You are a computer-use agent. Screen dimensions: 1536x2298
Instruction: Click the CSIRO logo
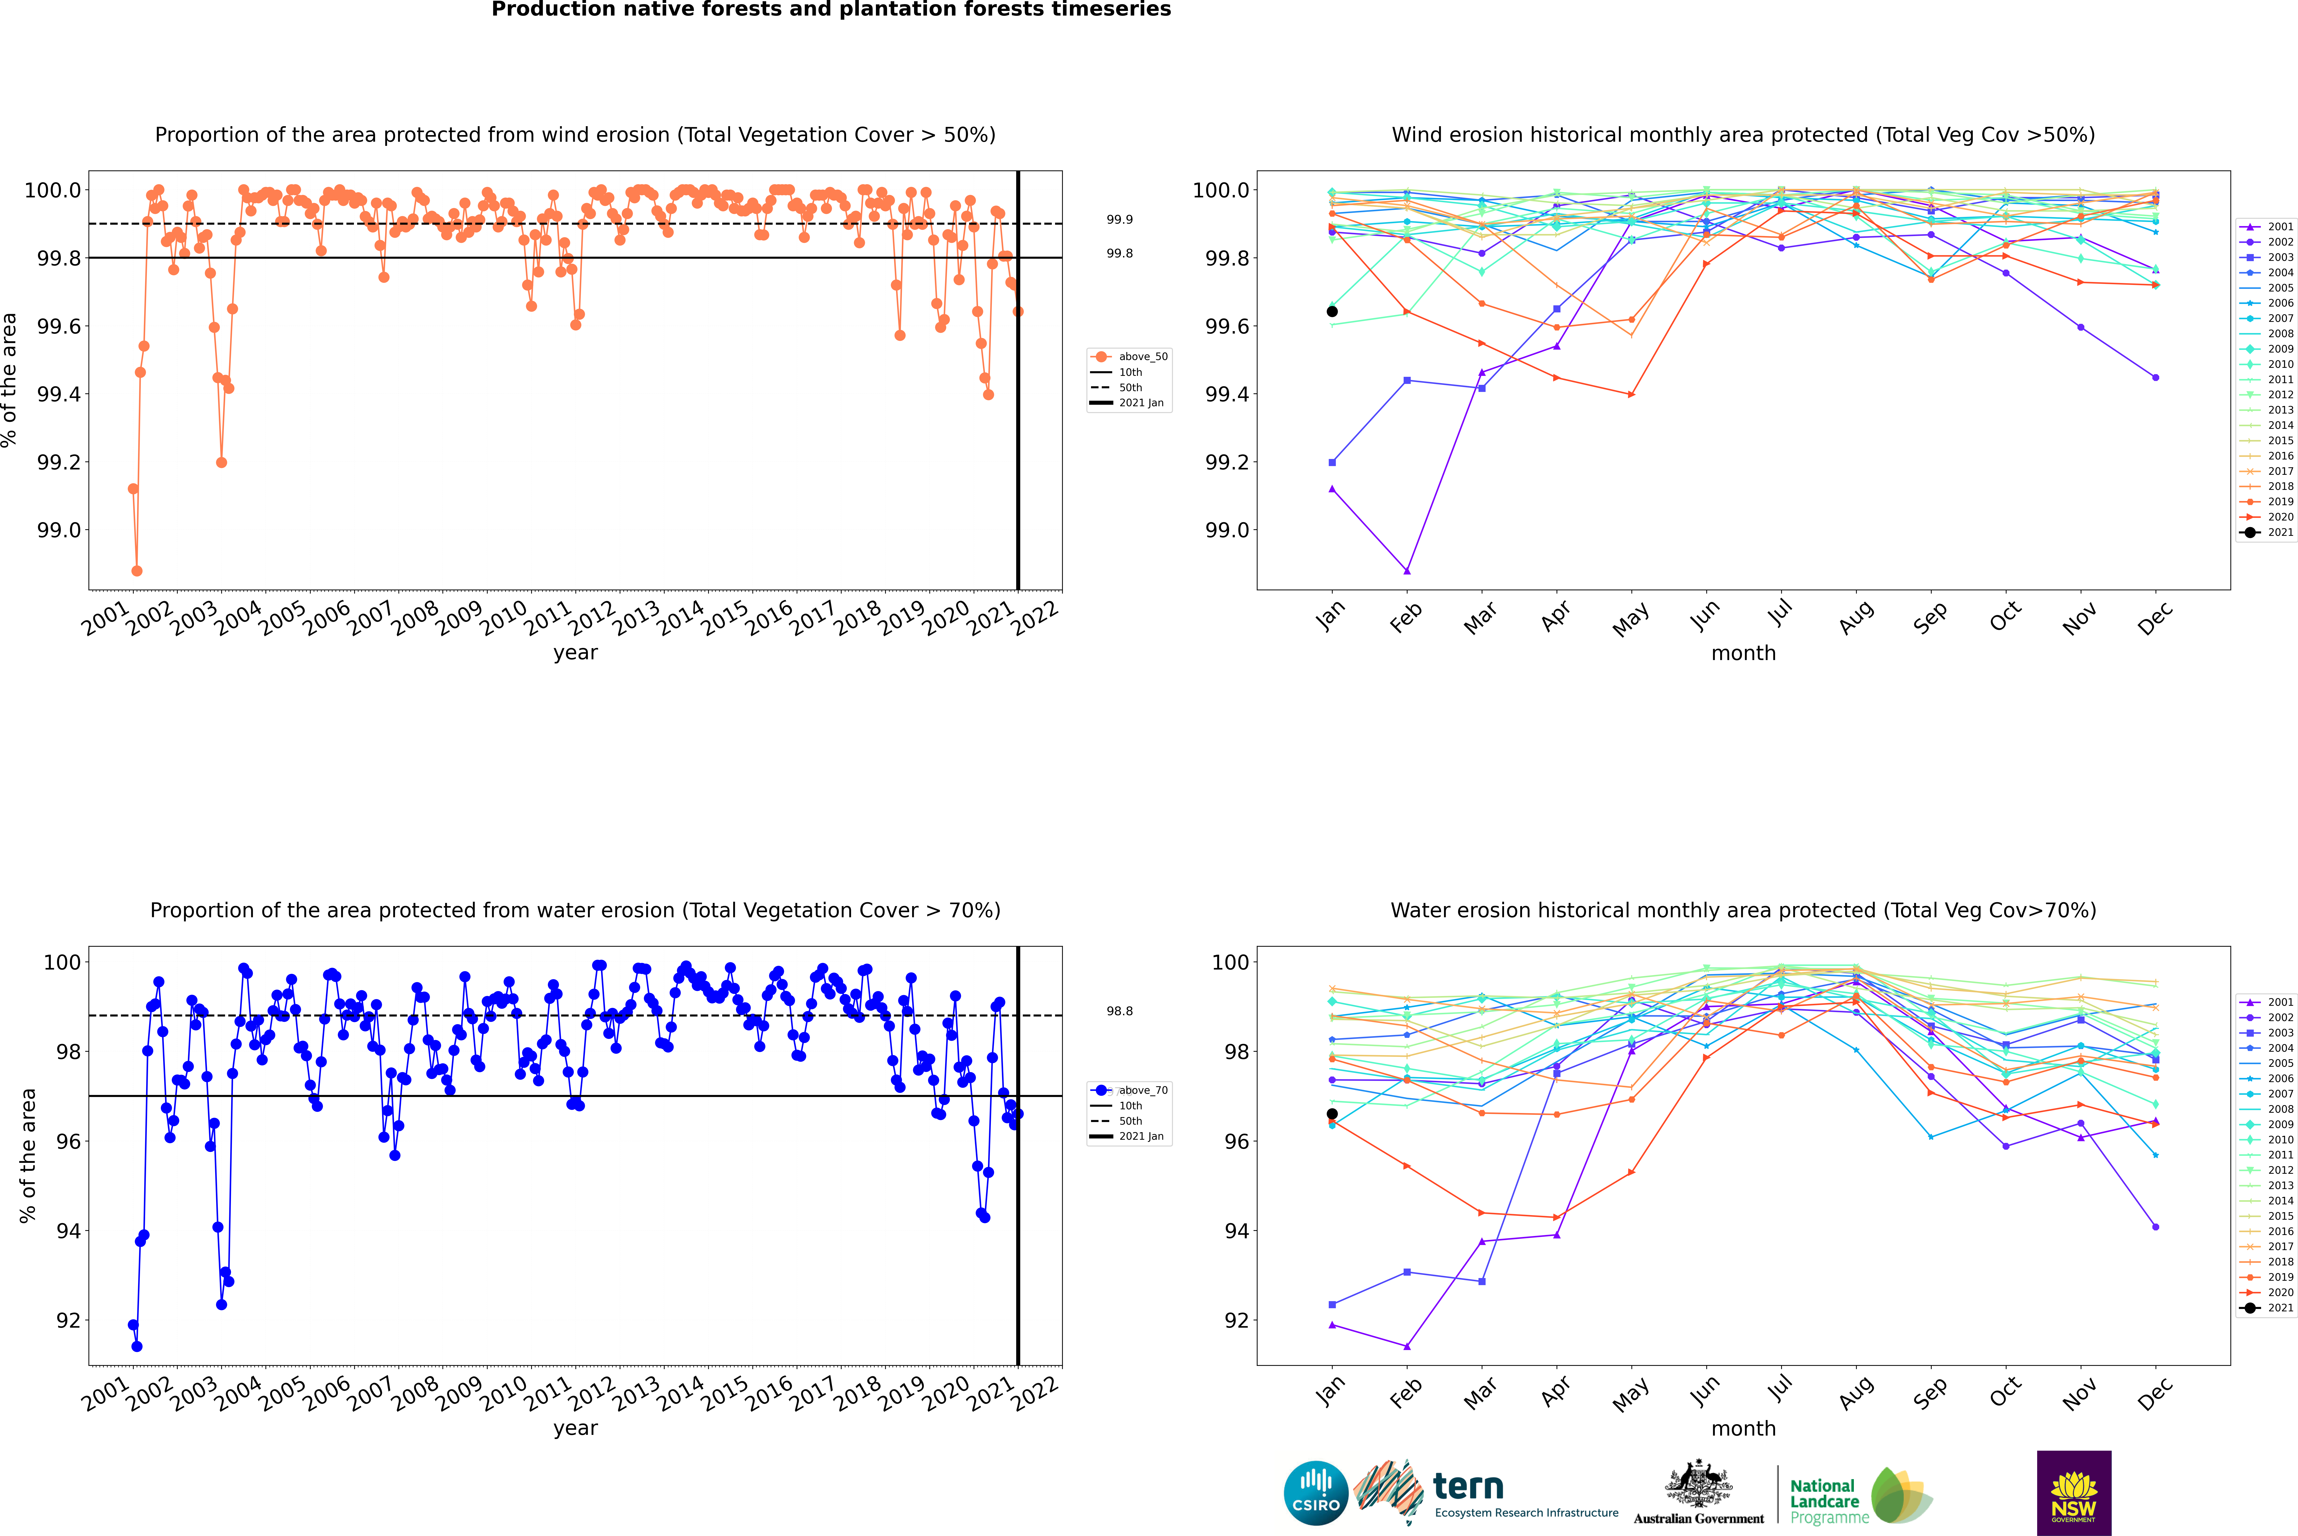click(1316, 1493)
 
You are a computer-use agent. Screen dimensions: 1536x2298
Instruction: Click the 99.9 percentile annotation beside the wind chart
click(1120, 220)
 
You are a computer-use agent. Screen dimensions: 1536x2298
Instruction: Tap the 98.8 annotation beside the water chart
click(1120, 1011)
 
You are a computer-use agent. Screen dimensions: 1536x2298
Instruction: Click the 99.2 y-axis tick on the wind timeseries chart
click(59, 462)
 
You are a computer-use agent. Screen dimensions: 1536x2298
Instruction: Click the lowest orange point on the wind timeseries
click(137, 570)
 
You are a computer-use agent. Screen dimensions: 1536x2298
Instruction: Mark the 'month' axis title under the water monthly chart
click(1743, 1428)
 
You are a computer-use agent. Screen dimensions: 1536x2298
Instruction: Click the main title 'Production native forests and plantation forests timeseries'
click(831, 10)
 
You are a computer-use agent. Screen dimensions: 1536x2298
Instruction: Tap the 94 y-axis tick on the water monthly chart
click(1236, 1231)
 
